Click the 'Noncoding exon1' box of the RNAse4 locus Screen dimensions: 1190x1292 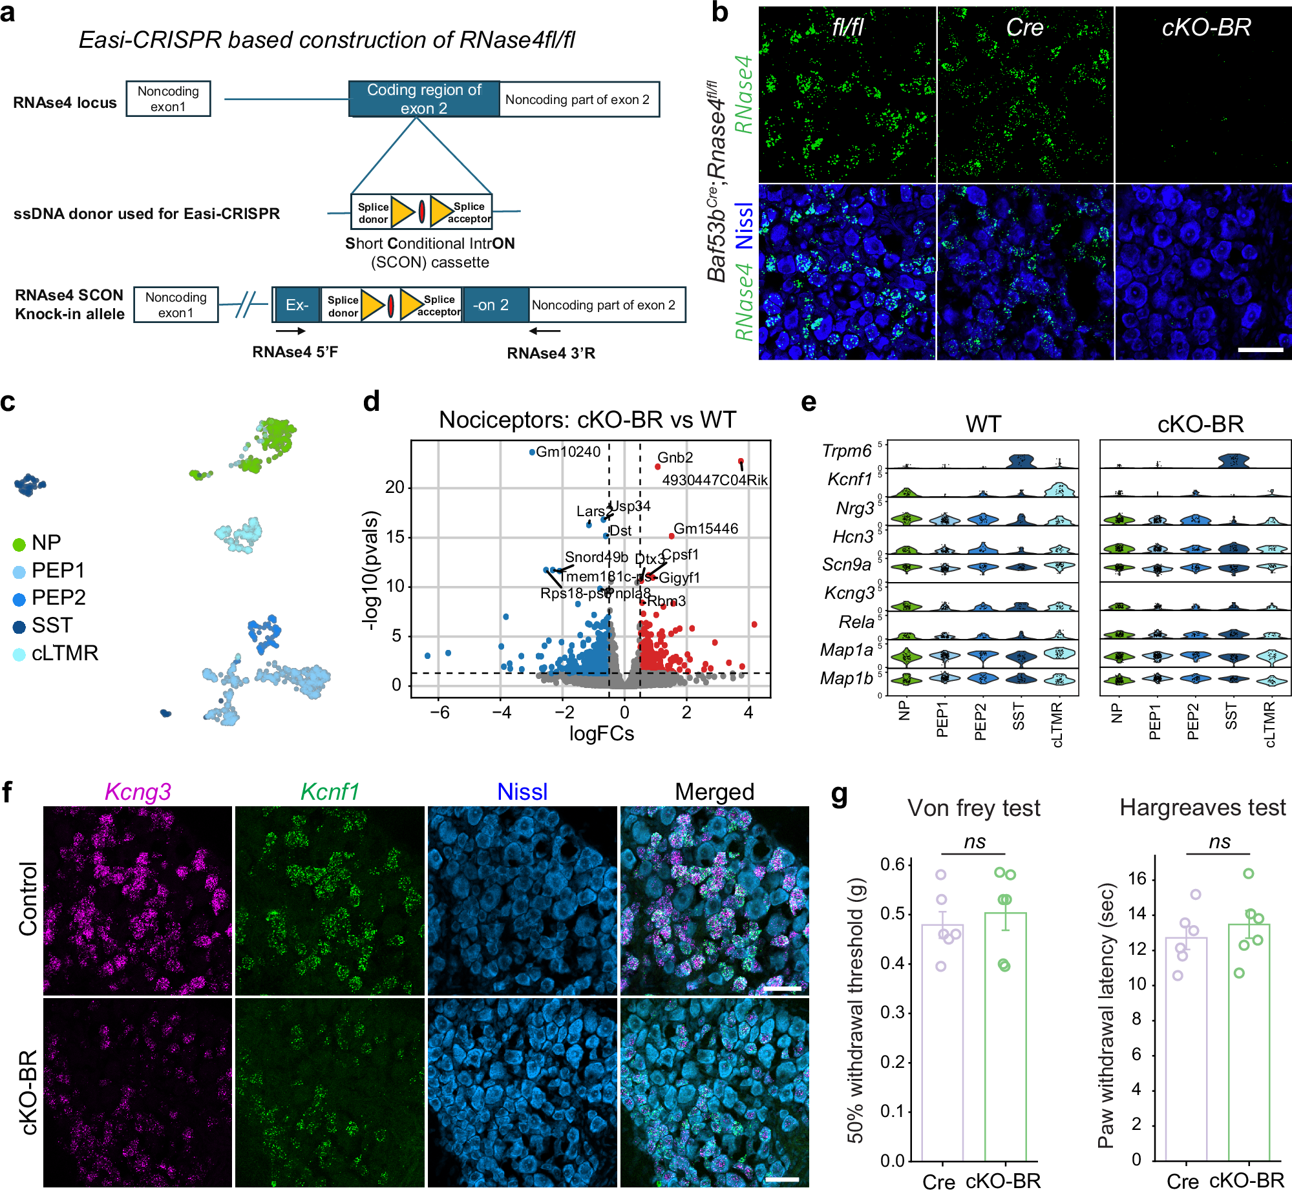click(x=168, y=99)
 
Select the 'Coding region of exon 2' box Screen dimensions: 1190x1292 click(x=424, y=99)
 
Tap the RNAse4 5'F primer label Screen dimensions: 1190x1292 click(x=295, y=352)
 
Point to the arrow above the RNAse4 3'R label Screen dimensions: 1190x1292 click(x=544, y=331)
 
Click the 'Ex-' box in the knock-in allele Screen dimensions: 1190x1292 click(x=297, y=305)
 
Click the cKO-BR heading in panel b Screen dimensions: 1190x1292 click(x=1206, y=28)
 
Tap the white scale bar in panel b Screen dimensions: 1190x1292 click(x=1260, y=350)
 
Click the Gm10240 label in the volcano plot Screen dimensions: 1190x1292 click(x=568, y=452)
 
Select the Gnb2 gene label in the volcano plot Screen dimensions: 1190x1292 click(x=675, y=457)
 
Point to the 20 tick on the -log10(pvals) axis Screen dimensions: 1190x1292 click(x=394, y=487)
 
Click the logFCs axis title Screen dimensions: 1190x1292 click(x=601, y=733)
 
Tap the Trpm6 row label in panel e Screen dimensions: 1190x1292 click(x=847, y=451)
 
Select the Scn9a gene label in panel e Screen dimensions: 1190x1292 click(x=847, y=565)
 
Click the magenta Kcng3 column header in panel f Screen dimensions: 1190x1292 click(x=138, y=791)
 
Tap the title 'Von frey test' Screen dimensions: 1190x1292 click(x=973, y=808)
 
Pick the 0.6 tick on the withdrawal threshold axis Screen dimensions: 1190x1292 click(x=892, y=864)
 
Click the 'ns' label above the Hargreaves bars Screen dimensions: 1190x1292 click(x=1219, y=842)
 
